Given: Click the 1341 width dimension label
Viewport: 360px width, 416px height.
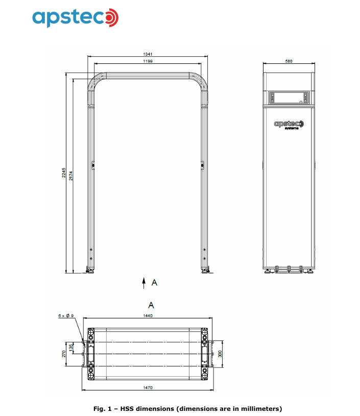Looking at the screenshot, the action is (x=148, y=54).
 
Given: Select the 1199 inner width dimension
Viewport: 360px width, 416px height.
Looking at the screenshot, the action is (x=148, y=61).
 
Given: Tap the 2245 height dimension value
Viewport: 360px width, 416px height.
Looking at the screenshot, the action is (x=64, y=172).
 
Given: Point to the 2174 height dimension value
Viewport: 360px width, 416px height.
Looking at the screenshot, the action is (x=71, y=176).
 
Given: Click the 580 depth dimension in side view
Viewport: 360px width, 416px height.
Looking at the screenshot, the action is (x=289, y=61).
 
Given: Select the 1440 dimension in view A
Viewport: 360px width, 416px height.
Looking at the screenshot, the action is (x=148, y=316).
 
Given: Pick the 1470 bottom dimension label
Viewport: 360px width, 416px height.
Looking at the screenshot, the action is (x=148, y=387).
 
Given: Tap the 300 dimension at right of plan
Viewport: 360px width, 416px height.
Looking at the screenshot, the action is (x=220, y=354).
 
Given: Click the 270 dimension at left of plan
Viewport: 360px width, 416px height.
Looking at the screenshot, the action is (x=64, y=354).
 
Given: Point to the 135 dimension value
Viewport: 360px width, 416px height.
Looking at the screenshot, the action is (x=71, y=348).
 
